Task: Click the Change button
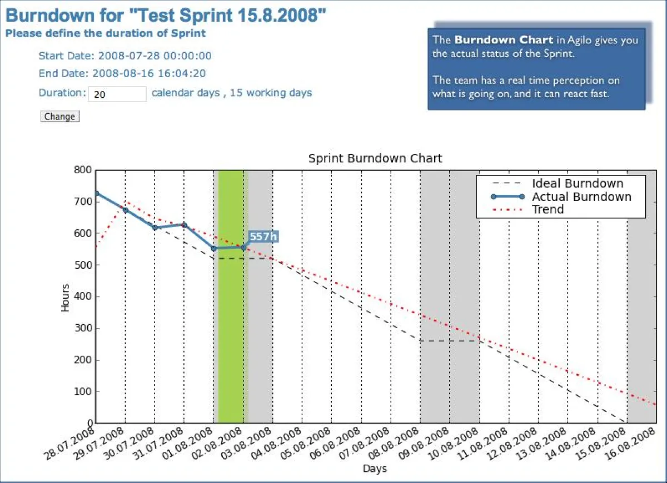(x=59, y=117)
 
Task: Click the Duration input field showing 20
(x=117, y=94)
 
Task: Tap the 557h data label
(x=262, y=237)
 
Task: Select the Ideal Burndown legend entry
(x=577, y=184)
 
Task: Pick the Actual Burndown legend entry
(x=581, y=197)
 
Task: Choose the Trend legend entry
(x=547, y=209)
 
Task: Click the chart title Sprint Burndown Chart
(x=375, y=158)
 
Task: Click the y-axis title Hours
(x=66, y=297)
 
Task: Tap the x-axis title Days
(x=375, y=469)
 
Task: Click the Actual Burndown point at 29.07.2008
(x=126, y=210)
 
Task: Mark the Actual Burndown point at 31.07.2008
(x=185, y=225)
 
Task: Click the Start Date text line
(x=125, y=56)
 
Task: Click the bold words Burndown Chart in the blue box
(x=504, y=40)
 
